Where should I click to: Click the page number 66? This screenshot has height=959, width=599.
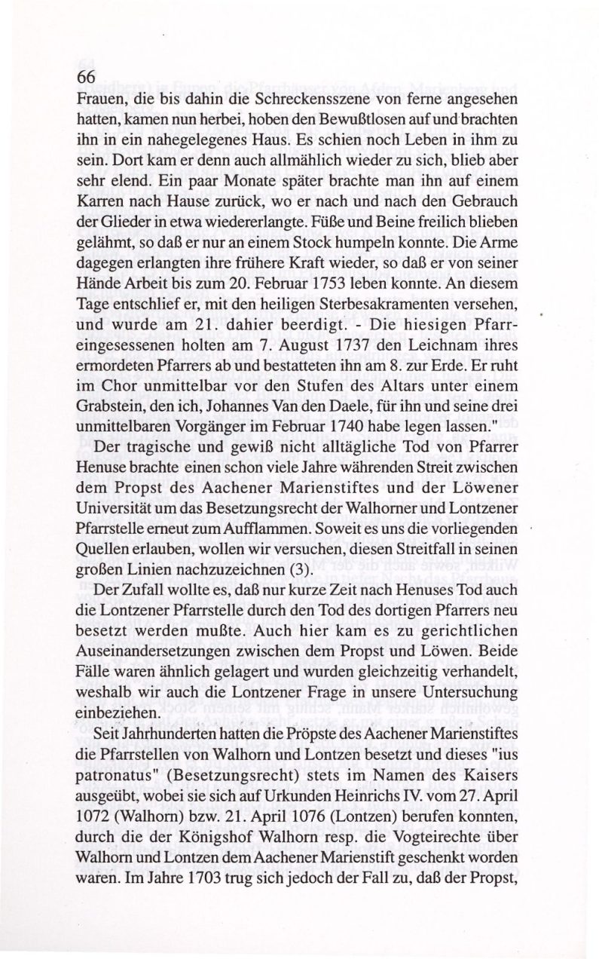click(x=87, y=77)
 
